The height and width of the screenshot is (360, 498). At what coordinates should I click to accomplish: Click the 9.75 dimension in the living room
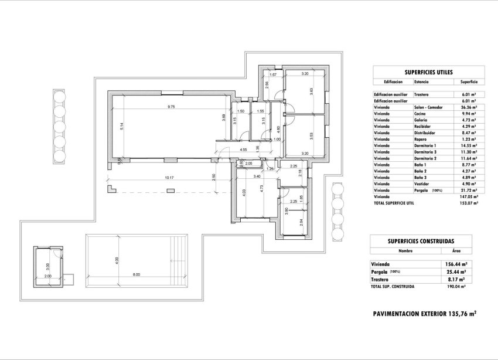point(171,107)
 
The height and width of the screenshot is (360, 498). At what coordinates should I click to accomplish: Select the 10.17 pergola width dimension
point(169,178)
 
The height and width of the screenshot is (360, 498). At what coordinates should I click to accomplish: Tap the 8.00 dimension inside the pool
point(136,274)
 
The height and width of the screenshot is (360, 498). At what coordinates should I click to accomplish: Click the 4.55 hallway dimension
point(243,150)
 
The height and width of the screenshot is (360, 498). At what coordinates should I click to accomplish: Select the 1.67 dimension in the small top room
point(273,74)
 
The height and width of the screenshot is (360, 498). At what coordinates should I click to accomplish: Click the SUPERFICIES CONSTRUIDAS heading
point(420,241)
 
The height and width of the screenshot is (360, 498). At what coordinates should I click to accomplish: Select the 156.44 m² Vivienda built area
point(455,264)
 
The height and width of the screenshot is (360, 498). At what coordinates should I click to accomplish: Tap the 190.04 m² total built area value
point(455,287)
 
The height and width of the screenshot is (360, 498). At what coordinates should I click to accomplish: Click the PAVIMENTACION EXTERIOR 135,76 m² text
point(424,314)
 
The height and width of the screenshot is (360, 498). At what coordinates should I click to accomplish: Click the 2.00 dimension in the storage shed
point(48,275)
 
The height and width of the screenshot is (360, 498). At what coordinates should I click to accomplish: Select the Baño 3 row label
point(422,177)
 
